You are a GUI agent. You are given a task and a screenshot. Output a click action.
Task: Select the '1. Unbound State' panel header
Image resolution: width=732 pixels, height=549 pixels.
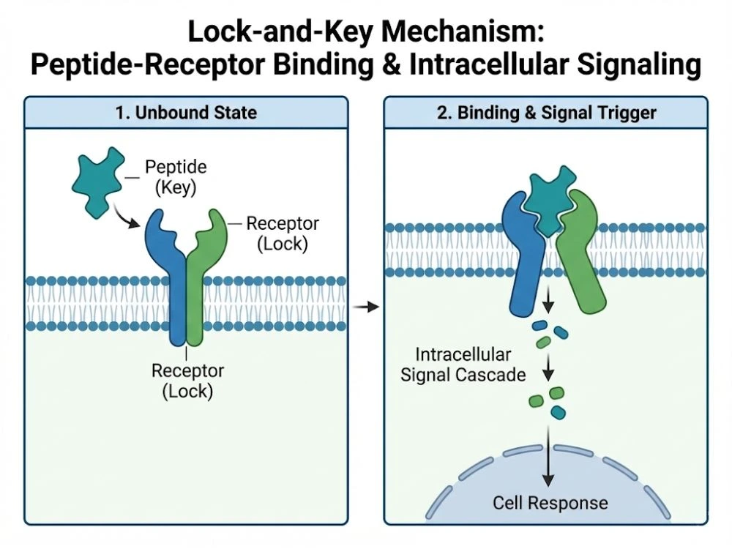click(x=186, y=113)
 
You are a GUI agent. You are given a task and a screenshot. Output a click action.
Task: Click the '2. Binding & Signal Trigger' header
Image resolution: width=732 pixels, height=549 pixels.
click(x=545, y=113)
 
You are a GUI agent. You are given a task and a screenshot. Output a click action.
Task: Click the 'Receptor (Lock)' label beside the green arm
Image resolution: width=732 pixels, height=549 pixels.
click(x=282, y=233)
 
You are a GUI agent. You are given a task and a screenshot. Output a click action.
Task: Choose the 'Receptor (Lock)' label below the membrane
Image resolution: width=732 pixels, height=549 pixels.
click(x=187, y=380)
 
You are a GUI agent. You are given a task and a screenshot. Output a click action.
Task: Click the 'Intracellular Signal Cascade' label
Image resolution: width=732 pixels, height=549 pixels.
click(x=463, y=365)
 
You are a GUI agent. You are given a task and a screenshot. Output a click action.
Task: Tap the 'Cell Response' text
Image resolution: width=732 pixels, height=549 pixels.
click(x=550, y=503)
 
